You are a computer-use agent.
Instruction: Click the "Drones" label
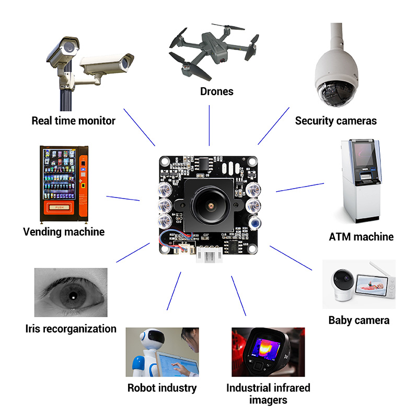[216, 92]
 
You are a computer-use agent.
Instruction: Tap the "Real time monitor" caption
[73, 121]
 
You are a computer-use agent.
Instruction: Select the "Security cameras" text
[335, 121]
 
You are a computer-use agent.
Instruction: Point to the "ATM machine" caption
[361, 237]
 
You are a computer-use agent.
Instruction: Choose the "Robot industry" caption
[162, 388]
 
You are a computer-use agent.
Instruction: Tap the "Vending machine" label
[64, 231]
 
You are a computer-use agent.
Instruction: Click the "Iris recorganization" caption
[71, 329]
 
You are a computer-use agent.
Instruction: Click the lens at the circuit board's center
[209, 206]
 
